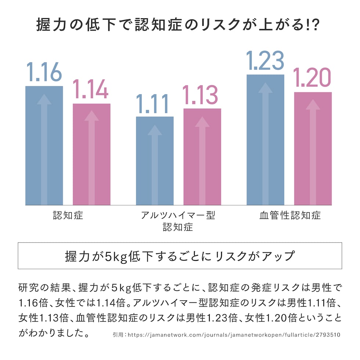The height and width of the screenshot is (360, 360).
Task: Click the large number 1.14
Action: point(90,89)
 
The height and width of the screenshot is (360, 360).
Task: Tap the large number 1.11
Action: point(152,104)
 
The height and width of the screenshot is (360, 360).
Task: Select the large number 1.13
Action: point(201,94)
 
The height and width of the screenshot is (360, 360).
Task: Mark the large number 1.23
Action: point(266,60)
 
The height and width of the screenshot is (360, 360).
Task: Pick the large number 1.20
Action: point(312,78)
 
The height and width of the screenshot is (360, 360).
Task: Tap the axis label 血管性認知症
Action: point(289,215)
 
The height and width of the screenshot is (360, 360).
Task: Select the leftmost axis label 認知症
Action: point(68,215)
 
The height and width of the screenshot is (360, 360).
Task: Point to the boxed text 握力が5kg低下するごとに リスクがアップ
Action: point(180,256)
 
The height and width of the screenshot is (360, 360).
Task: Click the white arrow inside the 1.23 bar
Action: point(265,143)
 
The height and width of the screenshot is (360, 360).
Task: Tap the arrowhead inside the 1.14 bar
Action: point(91,115)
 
